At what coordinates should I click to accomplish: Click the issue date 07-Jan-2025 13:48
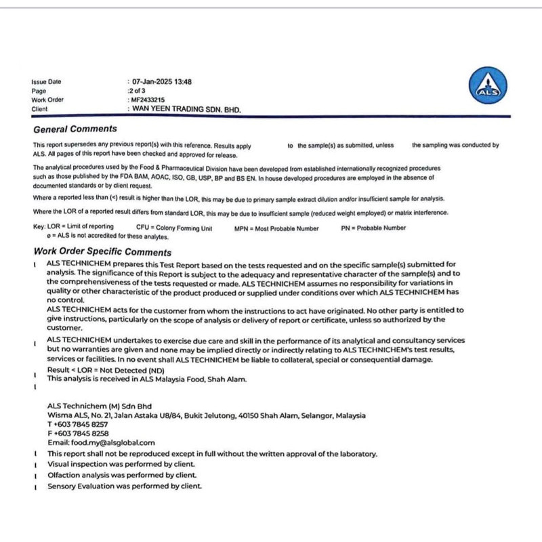pos(162,82)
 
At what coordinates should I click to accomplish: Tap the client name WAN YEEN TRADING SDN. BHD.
pos(186,108)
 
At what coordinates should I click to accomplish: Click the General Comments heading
pos(75,129)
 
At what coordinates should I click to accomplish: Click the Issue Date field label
pos(46,82)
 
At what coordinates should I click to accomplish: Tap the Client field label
pos(40,108)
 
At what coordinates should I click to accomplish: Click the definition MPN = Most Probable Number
pos(276,228)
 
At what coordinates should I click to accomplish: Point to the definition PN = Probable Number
pos(373,228)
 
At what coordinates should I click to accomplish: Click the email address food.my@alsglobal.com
pos(101,442)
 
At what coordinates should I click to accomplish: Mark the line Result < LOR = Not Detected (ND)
pos(106,370)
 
